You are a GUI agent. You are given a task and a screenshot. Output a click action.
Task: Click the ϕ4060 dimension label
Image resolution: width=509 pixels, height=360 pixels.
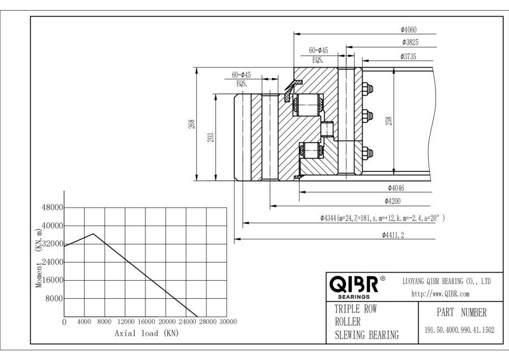coord(408,30)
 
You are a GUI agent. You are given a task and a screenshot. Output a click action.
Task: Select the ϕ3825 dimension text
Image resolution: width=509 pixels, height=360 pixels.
coord(411,42)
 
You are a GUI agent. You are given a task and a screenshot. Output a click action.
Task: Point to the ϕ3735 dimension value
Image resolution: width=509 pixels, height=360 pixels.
coord(408,56)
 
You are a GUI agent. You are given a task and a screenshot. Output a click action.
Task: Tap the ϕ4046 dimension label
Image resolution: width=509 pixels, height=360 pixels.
coord(396,188)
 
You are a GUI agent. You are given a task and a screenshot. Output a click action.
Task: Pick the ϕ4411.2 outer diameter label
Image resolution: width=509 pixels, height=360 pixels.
coord(393,235)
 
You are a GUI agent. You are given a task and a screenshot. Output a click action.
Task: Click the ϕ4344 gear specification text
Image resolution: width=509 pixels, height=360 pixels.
coord(382,218)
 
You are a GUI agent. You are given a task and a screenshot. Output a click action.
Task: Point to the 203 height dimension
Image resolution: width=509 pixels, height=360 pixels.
coord(210,137)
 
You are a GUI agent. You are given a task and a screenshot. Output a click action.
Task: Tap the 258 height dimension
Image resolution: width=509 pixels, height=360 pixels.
coord(389,121)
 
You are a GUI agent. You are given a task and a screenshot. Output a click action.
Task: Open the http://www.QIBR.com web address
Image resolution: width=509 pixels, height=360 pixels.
coord(440,294)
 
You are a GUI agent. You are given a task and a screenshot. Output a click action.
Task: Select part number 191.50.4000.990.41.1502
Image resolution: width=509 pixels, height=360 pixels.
coord(459,330)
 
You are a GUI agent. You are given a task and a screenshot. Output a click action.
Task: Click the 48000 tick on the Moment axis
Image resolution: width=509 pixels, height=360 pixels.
coord(53,208)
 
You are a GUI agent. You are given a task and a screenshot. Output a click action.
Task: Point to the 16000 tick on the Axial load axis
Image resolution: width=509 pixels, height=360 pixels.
coord(146,322)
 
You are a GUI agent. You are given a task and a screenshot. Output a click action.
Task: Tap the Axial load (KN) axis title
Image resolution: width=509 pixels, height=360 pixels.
coord(146,333)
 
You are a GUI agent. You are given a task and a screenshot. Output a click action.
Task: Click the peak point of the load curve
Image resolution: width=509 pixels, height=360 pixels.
coord(94,234)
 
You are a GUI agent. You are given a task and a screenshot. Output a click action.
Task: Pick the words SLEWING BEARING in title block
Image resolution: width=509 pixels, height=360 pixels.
coord(366,335)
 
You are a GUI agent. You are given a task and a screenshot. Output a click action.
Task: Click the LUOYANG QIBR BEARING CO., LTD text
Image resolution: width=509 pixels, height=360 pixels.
coord(446,281)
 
